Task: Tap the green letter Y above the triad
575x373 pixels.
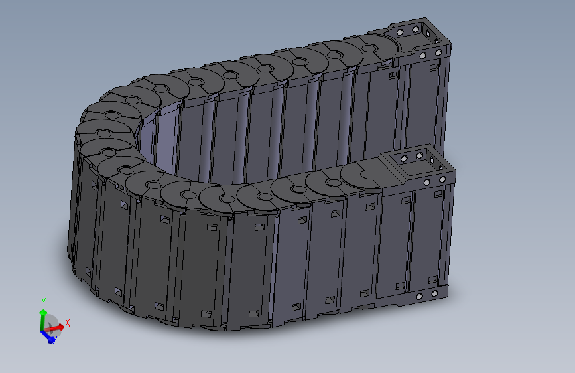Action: click(x=43, y=302)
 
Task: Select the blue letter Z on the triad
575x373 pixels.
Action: click(x=54, y=340)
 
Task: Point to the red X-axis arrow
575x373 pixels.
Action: click(x=58, y=327)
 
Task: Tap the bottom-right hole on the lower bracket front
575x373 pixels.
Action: click(x=434, y=293)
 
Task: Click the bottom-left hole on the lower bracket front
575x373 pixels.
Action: click(x=419, y=295)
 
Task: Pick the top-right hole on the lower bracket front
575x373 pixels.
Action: click(x=442, y=179)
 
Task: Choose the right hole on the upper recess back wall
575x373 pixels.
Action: click(x=415, y=29)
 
